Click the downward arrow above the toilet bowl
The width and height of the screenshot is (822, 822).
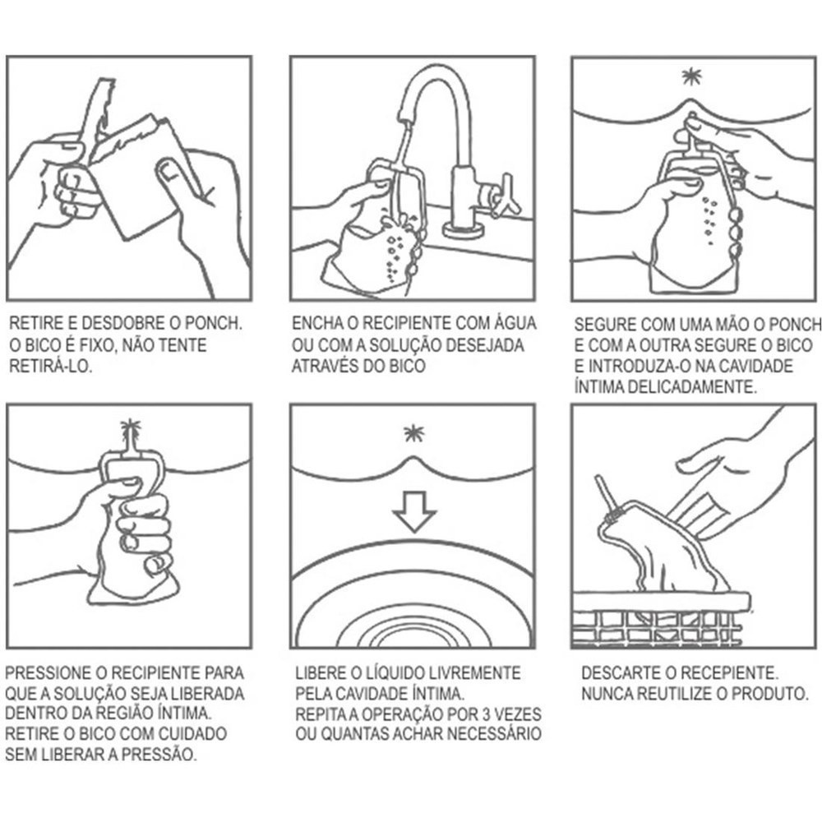point(414,511)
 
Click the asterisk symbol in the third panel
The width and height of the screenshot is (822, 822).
point(692,77)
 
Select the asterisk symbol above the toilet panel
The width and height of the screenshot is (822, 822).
point(413,433)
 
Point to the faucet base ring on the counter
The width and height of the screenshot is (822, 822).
point(464,229)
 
